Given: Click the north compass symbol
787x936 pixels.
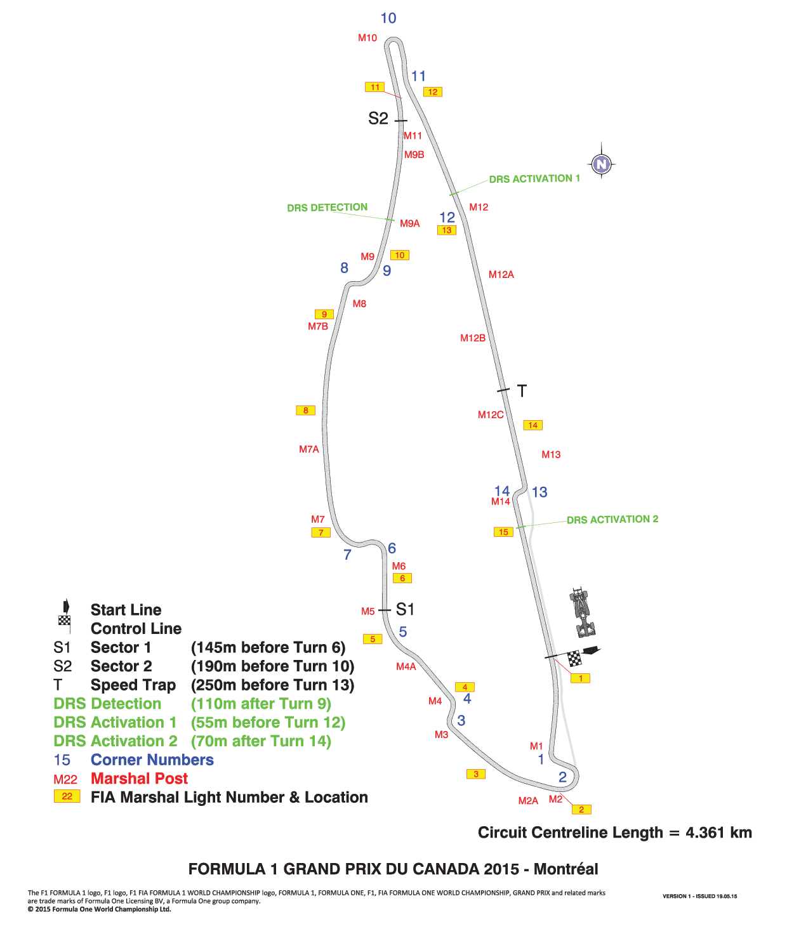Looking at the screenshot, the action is pyautogui.click(x=601, y=164).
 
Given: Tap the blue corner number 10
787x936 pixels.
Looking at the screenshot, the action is pyautogui.click(x=388, y=18).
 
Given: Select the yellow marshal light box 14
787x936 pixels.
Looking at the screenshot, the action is pyautogui.click(x=532, y=425).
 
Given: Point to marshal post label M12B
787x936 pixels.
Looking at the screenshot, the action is pyautogui.click(x=473, y=338).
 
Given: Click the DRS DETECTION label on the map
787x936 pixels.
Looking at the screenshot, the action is pyautogui.click(x=327, y=208).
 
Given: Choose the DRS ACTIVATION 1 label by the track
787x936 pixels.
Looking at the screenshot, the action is pyautogui.click(x=534, y=179).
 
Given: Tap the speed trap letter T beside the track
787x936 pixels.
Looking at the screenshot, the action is pyautogui.click(x=522, y=391).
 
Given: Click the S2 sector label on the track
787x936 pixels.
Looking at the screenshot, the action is pyautogui.click(x=378, y=119).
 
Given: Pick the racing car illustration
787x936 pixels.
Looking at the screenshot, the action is pyautogui.click(x=582, y=612).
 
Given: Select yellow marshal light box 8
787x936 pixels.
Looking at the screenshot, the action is pyautogui.click(x=305, y=411).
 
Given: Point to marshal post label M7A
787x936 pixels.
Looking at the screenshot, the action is pyautogui.click(x=309, y=449).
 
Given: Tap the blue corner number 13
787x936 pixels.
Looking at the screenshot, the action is pyautogui.click(x=539, y=492).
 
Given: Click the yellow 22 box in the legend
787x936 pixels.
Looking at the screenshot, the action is pyautogui.click(x=67, y=796).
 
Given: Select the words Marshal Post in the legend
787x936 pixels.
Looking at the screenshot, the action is pyautogui.click(x=139, y=779).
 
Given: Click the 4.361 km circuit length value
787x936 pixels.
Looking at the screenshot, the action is pyautogui.click(x=718, y=833).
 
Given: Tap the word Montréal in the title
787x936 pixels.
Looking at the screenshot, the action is pyautogui.click(x=566, y=869).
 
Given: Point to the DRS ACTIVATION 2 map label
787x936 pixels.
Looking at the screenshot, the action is pyautogui.click(x=612, y=520).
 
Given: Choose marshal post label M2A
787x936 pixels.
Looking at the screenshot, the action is pyautogui.click(x=528, y=801).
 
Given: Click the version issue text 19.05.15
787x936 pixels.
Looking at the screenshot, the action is pyautogui.click(x=727, y=897).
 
